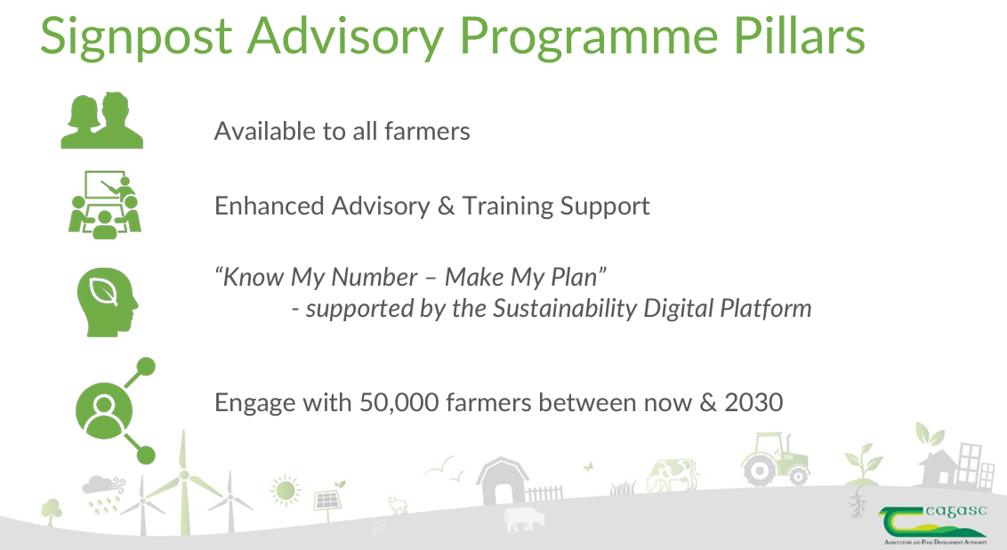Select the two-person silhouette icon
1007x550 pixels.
pyautogui.click(x=102, y=121)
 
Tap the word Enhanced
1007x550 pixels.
pyautogui.click(x=269, y=206)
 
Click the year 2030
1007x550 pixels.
pyautogui.click(x=753, y=402)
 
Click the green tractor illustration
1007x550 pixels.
pyautogui.click(x=776, y=458)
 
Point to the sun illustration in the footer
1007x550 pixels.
pyautogui.click(x=286, y=489)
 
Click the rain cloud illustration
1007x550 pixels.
pyautogui.click(x=99, y=492)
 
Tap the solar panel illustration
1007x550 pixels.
pyautogui.click(x=326, y=499)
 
